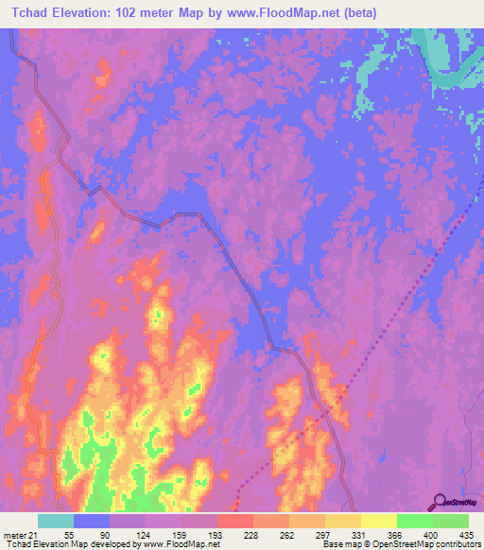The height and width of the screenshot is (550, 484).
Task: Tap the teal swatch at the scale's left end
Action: tap(56, 521)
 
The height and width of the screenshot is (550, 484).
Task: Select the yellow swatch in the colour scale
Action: tap(379, 521)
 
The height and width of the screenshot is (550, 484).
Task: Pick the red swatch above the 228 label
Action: tap(235, 521)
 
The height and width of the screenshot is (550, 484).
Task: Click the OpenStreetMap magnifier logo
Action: tap(441, 502)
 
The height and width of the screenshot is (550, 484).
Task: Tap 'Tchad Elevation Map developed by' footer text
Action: tap(71, 544)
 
